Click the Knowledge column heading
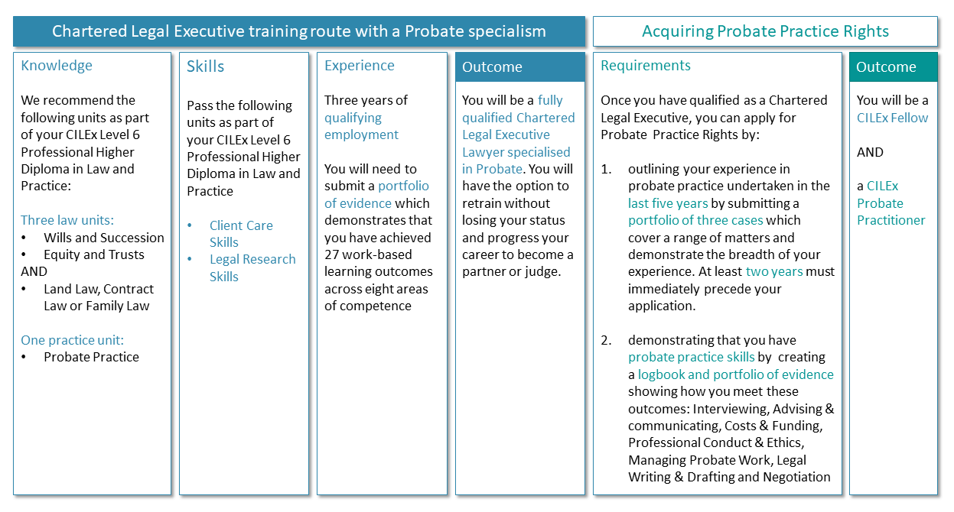pyautogui.click(x=56, y=66)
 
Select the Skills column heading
pyautogui.click(x=205, y=66)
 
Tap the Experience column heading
pyautogui.click(x=360, y=66)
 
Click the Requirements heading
pyautogui.click(x=645, y=66)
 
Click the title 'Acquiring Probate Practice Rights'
pyautogui.click(x=765, y=31)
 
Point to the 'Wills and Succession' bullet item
pyautogui.click(x=104, y=238)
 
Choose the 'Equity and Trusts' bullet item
pyautogui.click(x=94, y=254)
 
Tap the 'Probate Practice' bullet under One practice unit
pyautogui.click(x=91, y=357)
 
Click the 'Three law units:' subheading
pyautogui.click(x=67, y=220)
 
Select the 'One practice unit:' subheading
pyautogui.click(x=73, y=340)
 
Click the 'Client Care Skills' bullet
pyautogui.click(x=241, y=234)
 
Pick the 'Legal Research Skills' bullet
pyautogui.click(x=252, y=267)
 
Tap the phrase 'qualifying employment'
pyautogui.click(x=361, y=126)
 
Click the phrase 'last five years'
pyautogui.click(x=668, y=203)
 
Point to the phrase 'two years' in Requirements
pyautogui.click(x=774, y=271)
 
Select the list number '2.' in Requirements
pyautogui.click(x=606, y=340)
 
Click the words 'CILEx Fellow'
pyautogui.click(x=892, y=118)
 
